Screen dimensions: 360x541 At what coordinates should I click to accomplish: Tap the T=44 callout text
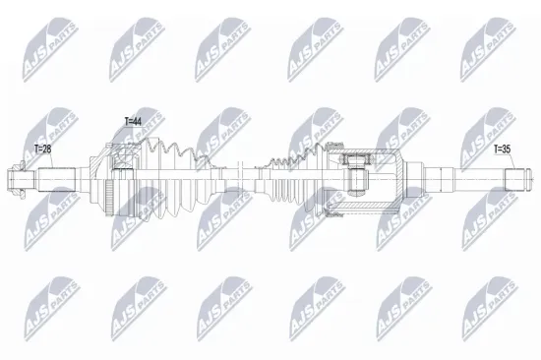[134, 120]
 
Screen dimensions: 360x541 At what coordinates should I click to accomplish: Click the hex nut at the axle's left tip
[14, 180]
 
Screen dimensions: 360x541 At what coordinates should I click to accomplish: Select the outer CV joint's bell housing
[120, 180]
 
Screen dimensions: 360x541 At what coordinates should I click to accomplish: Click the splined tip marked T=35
[518, 180]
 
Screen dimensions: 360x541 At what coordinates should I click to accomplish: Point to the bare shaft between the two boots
[241, 180]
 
